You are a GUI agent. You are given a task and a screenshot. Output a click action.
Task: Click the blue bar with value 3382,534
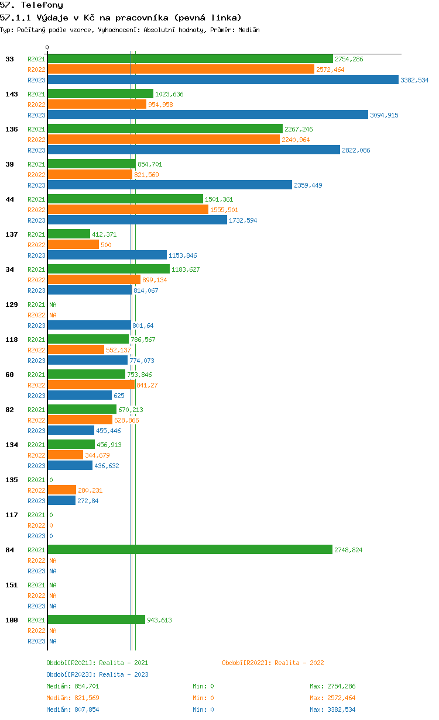point(223,79)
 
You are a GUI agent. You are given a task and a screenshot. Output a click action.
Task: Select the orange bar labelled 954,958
point(97,104)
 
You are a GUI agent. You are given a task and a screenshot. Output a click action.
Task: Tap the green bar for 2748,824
point(190,549)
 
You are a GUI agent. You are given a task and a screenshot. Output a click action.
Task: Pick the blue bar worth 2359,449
point(170,185)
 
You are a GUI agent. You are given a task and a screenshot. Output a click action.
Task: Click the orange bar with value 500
point(73,245)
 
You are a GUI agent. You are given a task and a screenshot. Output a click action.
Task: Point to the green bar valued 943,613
point(96,619)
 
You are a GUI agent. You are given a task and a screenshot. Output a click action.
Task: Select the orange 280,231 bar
point(62,490)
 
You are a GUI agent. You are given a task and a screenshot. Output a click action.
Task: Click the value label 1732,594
point(243,220)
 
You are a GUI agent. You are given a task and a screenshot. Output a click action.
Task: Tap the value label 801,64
point(143,326)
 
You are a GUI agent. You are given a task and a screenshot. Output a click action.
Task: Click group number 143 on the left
point(12,94)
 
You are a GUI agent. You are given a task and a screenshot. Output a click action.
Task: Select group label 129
point(12,304)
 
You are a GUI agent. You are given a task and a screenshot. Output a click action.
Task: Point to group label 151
point(12,585)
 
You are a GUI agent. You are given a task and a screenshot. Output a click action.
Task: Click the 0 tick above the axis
point(47,47)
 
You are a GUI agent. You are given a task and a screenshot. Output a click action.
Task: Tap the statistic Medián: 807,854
point(73,709)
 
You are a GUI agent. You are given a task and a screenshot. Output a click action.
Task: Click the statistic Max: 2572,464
point(332,698)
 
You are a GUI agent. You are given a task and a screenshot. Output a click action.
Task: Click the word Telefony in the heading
point(42,5)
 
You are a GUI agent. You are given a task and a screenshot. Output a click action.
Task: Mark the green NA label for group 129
point(53,304)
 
